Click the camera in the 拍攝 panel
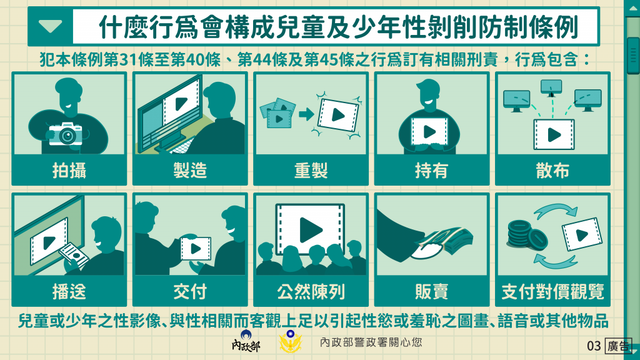[65, 134]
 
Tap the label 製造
[190, 170]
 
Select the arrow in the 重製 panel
[306, 114]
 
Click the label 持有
[431, 170]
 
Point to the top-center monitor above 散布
[551, 87]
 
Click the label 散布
[552, 170]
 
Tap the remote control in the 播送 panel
[74, 255]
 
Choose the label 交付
[190, 291]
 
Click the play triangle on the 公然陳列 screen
[311, 230]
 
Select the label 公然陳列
[311, 291]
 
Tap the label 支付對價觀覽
[552, 291]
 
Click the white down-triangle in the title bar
[51, 26]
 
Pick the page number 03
[594, 346]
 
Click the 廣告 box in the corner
[618, 346]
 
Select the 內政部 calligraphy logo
[246, 342]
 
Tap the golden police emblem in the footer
[290, 341]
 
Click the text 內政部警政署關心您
[371, 342]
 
